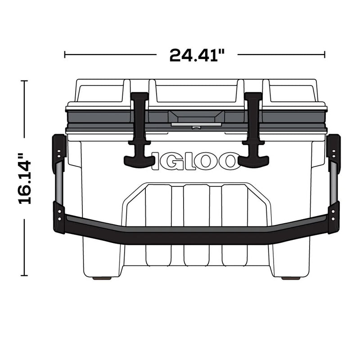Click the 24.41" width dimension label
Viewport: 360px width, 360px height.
pos(197,55)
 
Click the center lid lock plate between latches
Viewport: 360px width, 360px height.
pos(195,118)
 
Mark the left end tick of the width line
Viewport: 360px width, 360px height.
pos(65,55)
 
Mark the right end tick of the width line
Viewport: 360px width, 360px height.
pos(324,55)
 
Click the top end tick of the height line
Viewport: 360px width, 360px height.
pos(24,81)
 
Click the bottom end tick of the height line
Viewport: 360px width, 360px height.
pos(24,275)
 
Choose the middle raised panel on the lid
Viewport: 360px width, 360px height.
pos(196,92)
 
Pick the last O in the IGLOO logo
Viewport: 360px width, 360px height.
pos(230,161)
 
